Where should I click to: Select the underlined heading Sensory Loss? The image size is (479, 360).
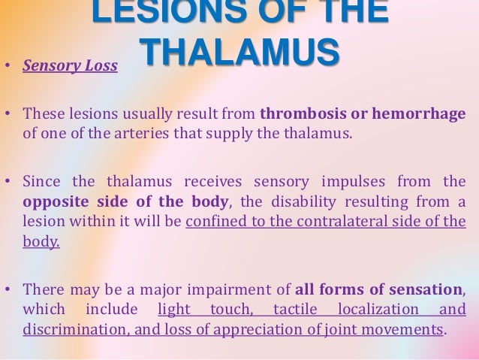coord(70,65)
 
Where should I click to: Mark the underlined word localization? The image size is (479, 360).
coord(378,310)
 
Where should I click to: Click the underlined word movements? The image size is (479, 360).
coord(411,329)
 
